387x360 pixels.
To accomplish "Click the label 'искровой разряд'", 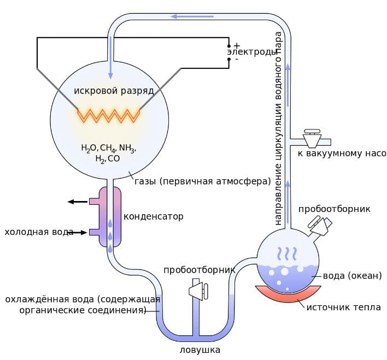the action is coord(114,91).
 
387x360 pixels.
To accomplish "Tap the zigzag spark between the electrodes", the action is coord(109,116).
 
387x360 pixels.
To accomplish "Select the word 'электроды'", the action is coord(251,52).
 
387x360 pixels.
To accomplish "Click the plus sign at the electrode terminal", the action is coord(237,45).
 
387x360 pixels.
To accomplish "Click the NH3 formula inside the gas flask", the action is coord(127,148).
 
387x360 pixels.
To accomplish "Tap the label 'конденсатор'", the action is coord(154,216).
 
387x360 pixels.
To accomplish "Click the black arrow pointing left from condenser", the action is coord(78,202).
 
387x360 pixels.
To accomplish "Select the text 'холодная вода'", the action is coord(39,232).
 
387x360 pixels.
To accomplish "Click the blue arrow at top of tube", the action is coord(192,16).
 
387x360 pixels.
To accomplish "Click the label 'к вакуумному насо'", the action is coord(342,154).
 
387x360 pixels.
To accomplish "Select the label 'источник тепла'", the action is coord(344,308).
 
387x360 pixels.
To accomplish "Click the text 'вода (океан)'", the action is coord(353,276).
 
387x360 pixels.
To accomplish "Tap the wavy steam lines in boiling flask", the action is coord(286,253).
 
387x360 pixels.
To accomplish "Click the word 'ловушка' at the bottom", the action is coord(200,350).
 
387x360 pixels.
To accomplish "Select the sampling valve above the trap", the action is coord(198,290).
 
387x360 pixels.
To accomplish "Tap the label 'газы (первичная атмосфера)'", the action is coord(203,181).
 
